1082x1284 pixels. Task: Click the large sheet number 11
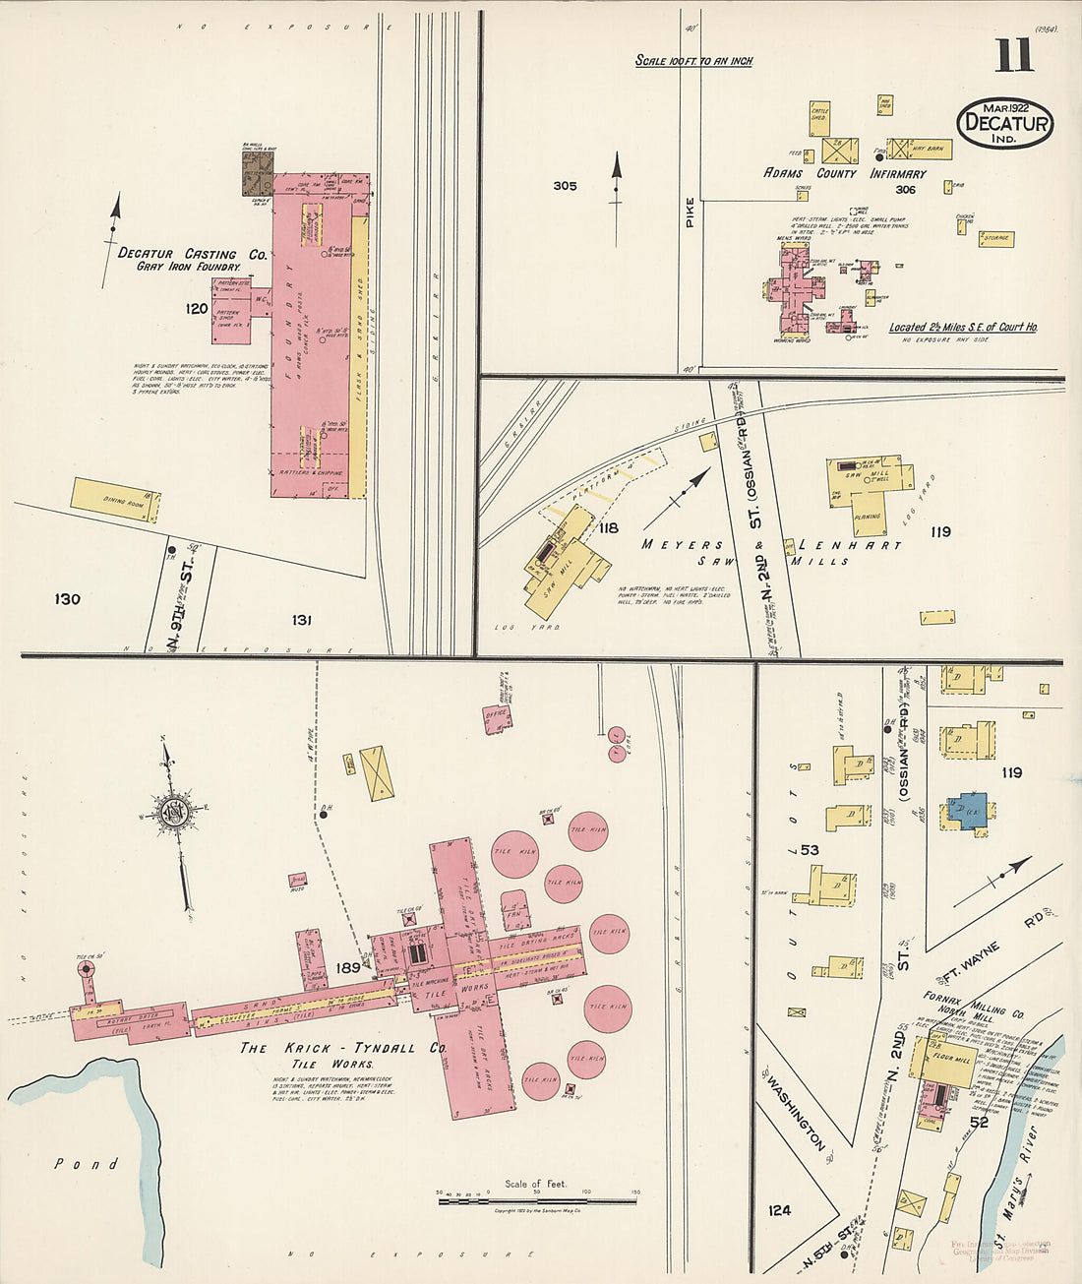[1013, 56]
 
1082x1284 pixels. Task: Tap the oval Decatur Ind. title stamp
[1004, 124]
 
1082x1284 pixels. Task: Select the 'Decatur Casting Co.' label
[192, 254]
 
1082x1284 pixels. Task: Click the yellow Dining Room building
[115, 500]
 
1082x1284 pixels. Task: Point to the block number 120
[197, 309]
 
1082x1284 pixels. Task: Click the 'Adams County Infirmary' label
[845, 173]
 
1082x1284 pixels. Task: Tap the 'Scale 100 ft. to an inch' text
[693, 61]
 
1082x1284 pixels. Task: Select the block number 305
[565, 186]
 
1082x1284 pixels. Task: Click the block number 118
[608, 528]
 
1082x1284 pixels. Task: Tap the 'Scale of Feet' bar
[536, 1200]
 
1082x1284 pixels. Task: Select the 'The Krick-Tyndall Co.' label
[344, 1049]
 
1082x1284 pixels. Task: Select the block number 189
[347, 968]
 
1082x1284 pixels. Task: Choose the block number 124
[779, 1209]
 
